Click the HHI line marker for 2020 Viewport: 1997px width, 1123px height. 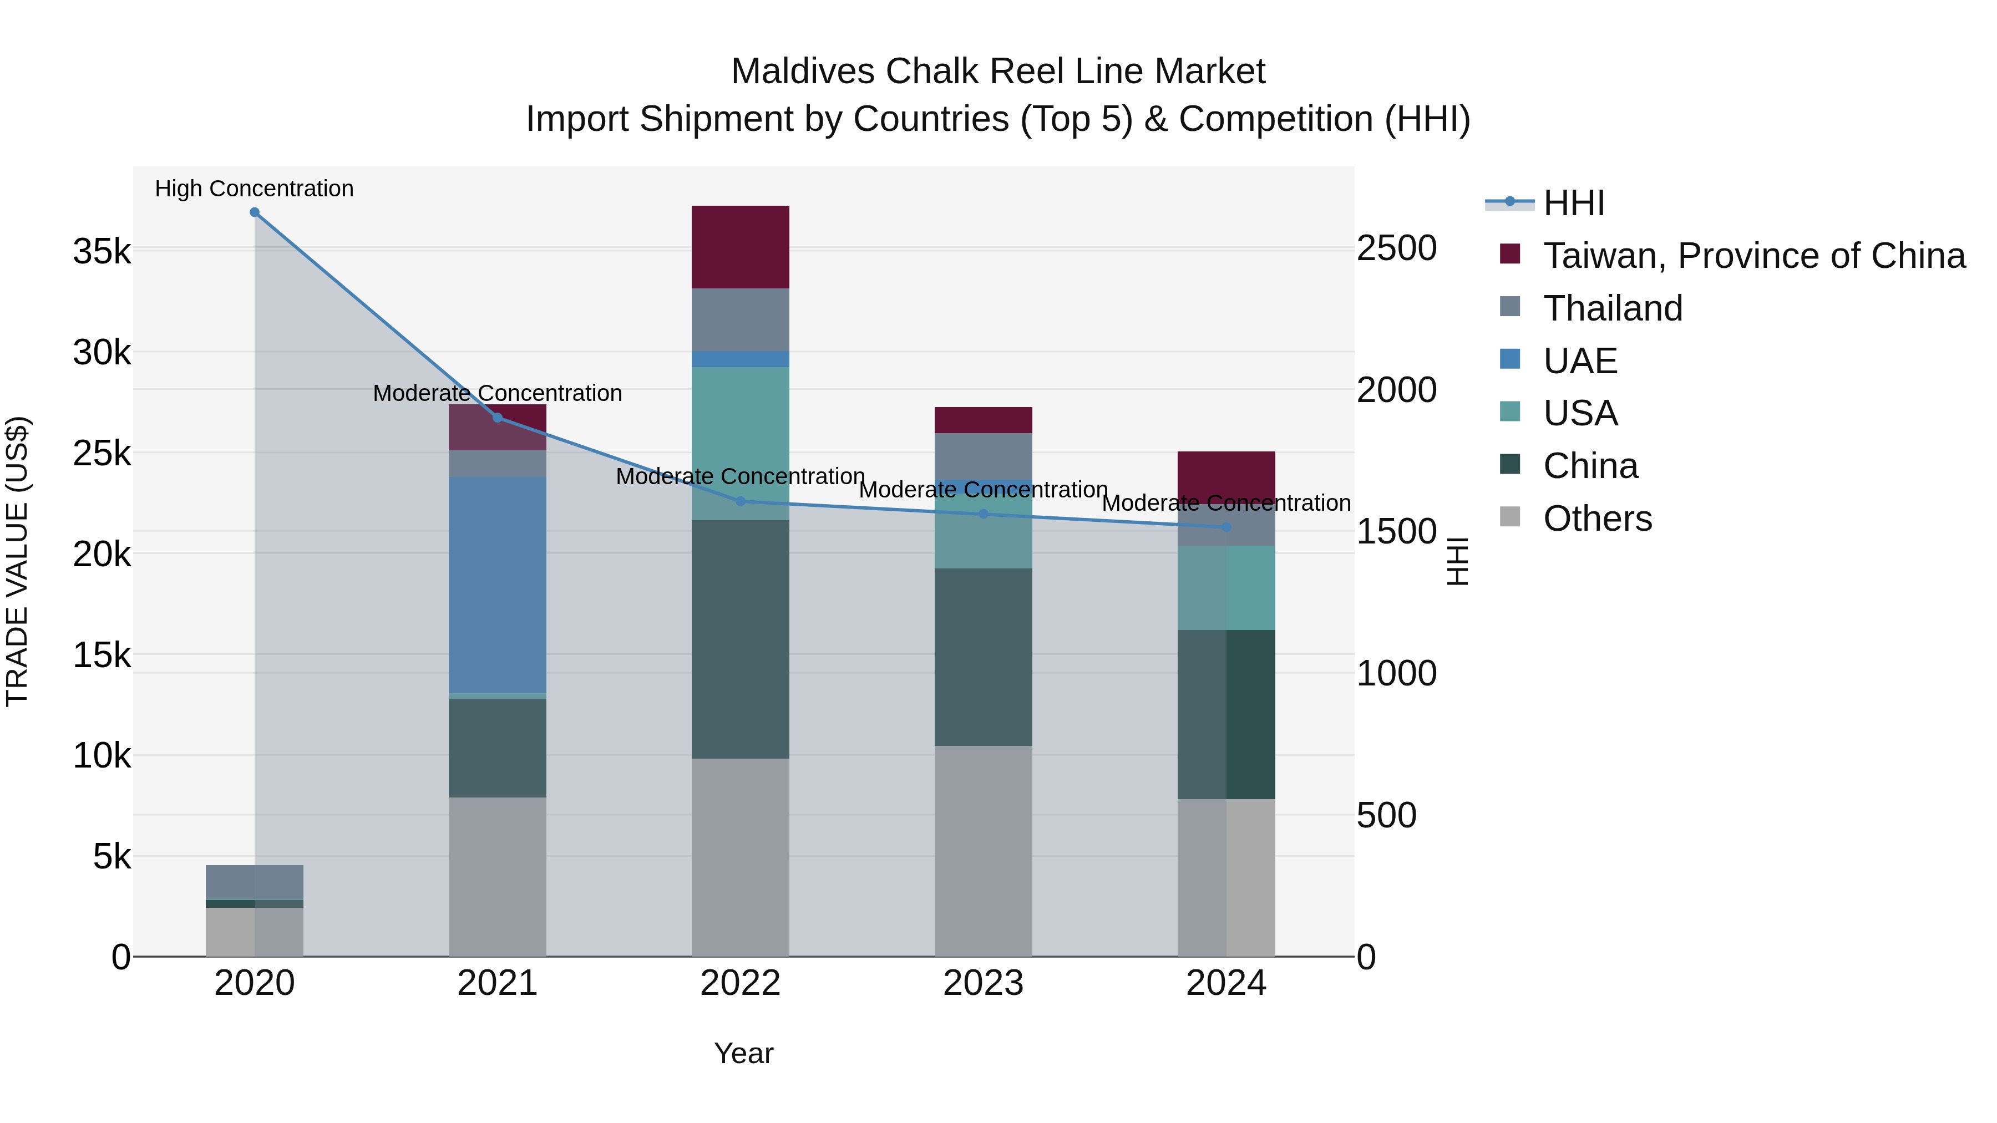click(x=254, y=212)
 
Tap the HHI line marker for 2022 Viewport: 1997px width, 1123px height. click(x=741, y=501)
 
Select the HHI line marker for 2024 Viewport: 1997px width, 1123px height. click(x=1226, y=527)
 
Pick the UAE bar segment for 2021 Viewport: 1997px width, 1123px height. click(x=498, y=585)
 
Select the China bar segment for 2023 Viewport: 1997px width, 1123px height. click(x=983, y=657)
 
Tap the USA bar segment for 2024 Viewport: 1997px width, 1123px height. click(x=1226, y=587)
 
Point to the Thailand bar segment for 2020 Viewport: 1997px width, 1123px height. click(x=254, y=882)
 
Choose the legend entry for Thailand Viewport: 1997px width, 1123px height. click(x=1613, y=308)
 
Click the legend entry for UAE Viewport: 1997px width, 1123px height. click(x=1580, y=361)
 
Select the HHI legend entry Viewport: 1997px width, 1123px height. click(x=1573, y=203)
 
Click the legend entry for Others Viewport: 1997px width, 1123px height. click(x=1597, y=519)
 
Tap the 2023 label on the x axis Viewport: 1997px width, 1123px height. click(x=983, y=983)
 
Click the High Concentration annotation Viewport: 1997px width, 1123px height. click(x=254, y=189)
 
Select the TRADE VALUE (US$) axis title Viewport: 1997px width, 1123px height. click(x=17, y=561)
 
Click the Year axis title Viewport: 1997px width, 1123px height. click(x=743, y=1053)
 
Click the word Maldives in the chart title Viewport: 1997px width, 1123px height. click(x=802, y=72)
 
